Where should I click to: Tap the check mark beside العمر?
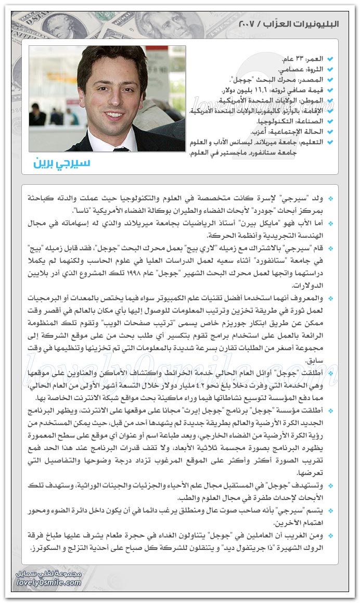(x=330, y=60)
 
